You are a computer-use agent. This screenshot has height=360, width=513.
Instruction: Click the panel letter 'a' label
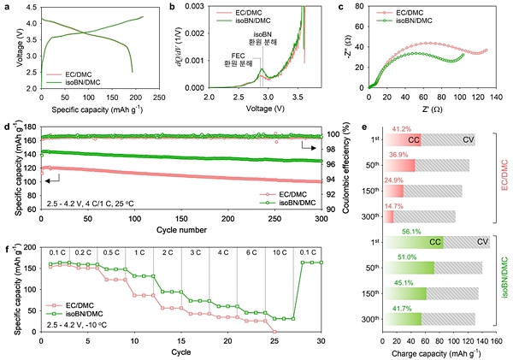tap(6, 7)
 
